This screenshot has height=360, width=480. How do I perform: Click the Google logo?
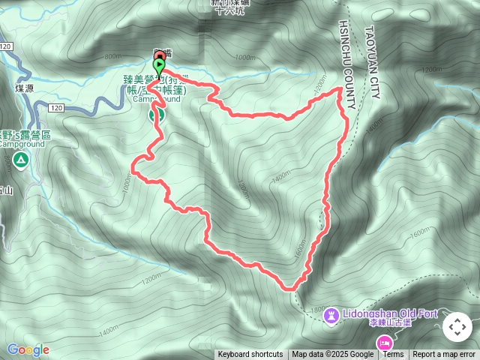coord(28,349)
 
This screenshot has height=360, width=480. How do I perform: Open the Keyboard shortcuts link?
coord(250,355)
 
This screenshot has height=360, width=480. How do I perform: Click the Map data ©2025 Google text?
coord(333,355)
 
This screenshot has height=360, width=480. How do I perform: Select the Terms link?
coord(394,355)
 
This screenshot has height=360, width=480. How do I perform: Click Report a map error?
coord(445,355)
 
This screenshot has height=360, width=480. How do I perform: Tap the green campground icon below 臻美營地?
coord(157,115)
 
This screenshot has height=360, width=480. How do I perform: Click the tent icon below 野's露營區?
coord(20,159)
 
